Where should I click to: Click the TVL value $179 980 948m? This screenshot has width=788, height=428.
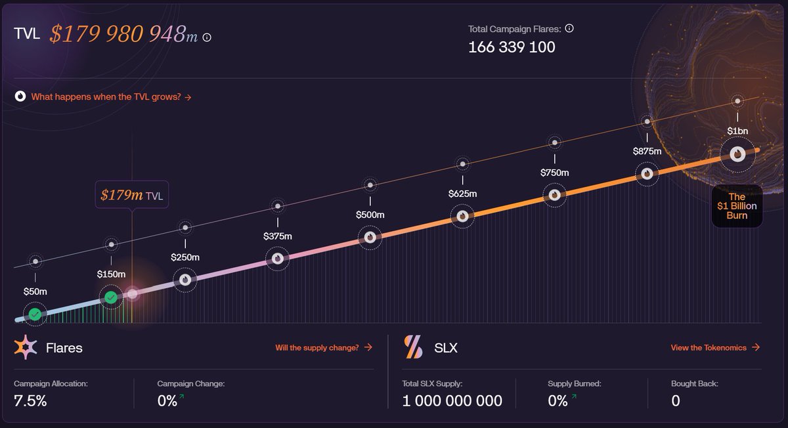click(123, 34)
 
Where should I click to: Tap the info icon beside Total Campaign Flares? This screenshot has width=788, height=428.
click(569, 28)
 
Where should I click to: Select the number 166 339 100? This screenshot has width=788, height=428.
click(512, 47)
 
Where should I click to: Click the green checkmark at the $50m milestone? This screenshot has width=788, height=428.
click(35, 314)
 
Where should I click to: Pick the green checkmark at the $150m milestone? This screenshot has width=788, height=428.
click(111, 298)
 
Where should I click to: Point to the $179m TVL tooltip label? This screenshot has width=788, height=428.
click(131, 195)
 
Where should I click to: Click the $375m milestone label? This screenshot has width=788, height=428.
click(278, 236)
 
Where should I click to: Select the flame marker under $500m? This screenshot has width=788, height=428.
click(370, 237)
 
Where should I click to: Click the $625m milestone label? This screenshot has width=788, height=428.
click(462, 194)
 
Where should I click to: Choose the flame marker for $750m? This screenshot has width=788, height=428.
click(555, 194)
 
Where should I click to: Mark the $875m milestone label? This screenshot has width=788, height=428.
click(647, 151)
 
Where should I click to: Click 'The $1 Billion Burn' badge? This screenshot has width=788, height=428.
click(737, 205)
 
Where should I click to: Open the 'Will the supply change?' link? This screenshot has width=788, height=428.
click(323, 347)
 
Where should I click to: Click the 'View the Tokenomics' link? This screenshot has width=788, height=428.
click(714, 347)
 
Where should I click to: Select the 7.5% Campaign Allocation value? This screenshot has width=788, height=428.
click(30, 400)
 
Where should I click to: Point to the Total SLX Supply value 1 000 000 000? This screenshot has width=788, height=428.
click(452, 400)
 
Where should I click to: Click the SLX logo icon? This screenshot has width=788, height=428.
click(414, 347)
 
